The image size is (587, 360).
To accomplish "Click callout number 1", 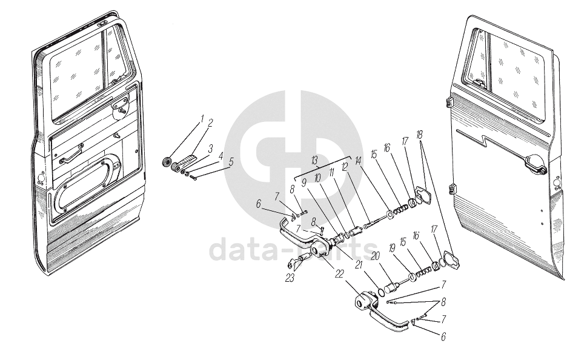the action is tap(202, 119).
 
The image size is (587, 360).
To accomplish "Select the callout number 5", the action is tap(231, 162).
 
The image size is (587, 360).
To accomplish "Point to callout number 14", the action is tap(358, 161).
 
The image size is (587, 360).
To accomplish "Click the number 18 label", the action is tap(420, 135).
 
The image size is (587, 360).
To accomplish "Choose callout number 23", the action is tap(290, 278).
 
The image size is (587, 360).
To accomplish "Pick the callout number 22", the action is tap(339, 275).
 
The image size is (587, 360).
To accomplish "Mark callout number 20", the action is tap(375, 256).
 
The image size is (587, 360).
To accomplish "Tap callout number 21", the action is tap(359, 265).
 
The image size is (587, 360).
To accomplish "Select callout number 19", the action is tap(392, 248).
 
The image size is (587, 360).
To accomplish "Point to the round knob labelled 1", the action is tap(165, 162).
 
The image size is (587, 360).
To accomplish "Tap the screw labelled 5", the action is tap(193, 178).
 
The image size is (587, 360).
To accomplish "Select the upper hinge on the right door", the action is tap(449, 102).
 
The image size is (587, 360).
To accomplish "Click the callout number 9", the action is tap(304, 183).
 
